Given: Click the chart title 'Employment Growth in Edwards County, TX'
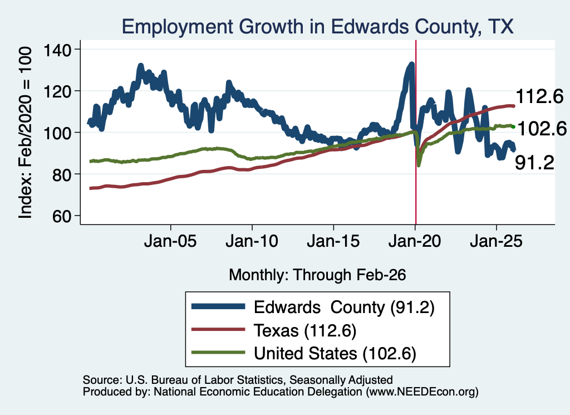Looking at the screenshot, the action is click(317, 27).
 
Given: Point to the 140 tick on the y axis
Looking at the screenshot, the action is click(57, 50).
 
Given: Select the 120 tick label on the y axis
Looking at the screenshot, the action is click(57, 91).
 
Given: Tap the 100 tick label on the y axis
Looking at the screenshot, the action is click(57, 133).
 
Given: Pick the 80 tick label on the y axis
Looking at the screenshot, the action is click(62, 174).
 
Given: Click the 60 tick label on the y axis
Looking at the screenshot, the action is click(62, 216).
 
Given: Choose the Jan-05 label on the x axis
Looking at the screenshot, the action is click(170, 241).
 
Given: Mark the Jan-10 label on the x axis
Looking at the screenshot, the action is click(252, 241).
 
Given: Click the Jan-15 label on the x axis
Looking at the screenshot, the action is click(333, 241).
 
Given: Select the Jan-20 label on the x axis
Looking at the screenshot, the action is click(415, 241).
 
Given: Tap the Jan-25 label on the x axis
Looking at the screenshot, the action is click(496, 241).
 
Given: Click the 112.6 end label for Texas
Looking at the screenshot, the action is click(539, 96).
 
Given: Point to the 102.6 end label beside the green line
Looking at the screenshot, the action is click(542, 129).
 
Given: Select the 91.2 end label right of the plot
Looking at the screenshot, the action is click(535, 162).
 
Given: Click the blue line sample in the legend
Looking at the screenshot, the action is click(218, 306).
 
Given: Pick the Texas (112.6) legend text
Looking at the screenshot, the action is click(305, 330).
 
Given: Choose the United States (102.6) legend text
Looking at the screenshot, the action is click(335, 353).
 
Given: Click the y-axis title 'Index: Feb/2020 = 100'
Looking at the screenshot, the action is click(25, 133).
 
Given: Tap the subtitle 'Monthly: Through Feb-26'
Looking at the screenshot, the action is click(317, 275).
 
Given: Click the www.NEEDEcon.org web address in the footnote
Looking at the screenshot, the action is click(422, 392).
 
